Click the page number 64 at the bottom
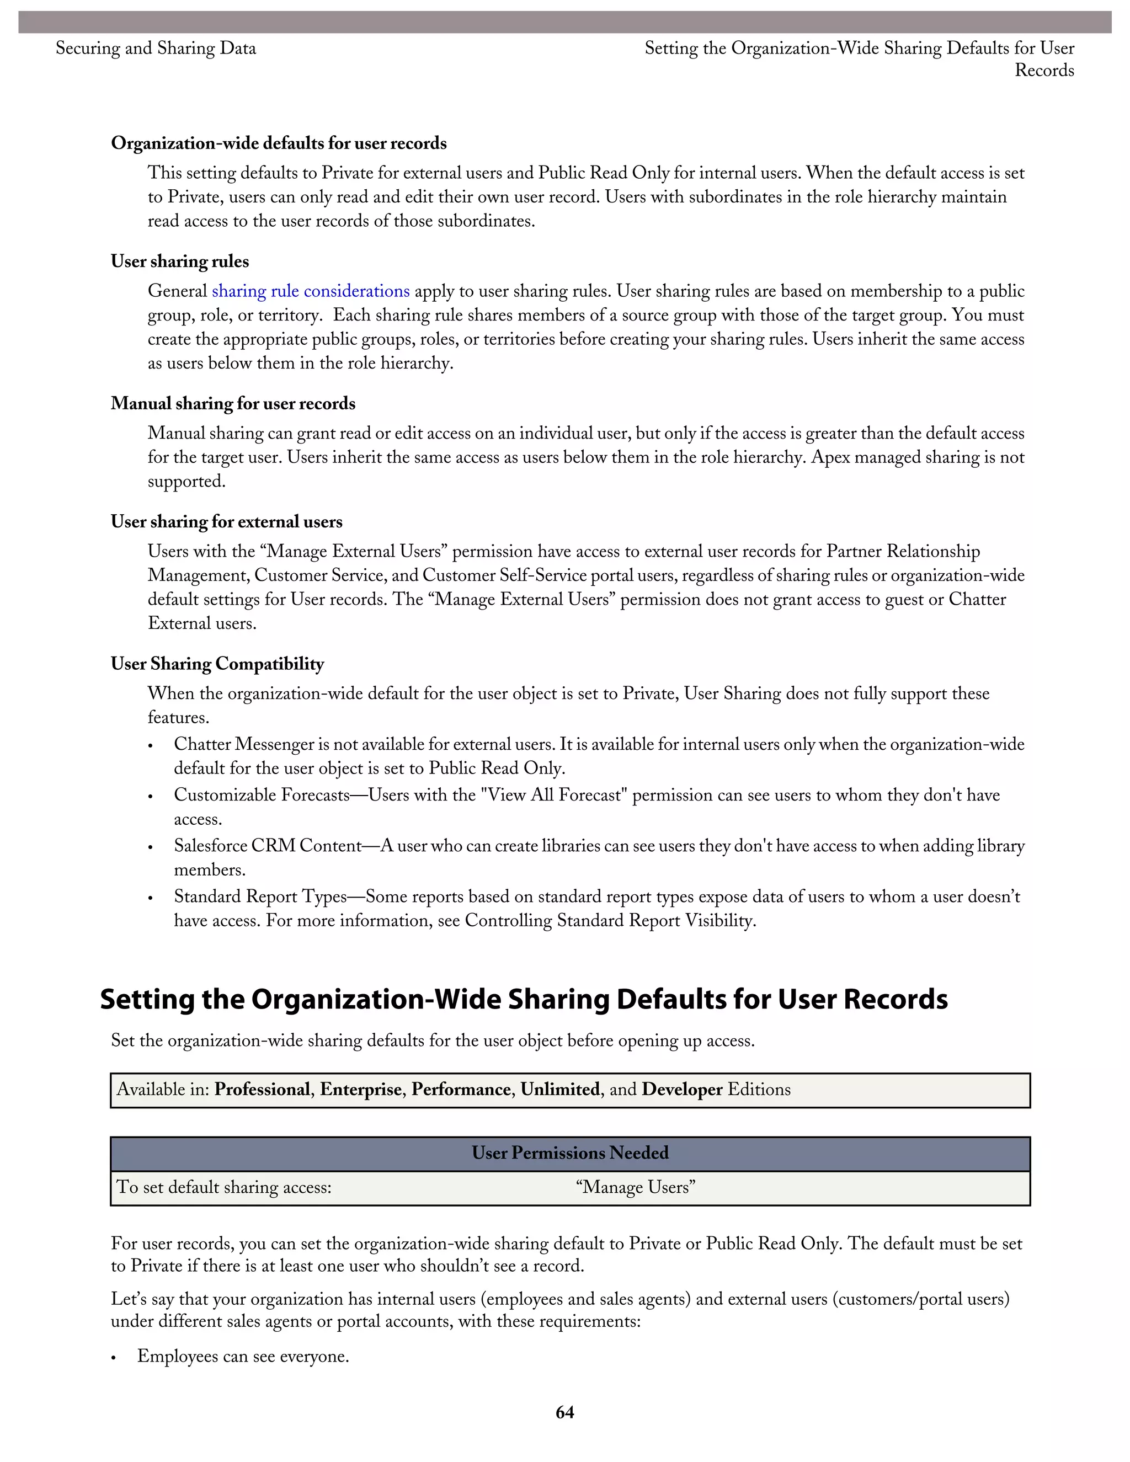(564, 1412)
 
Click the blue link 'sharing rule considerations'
(311, 291)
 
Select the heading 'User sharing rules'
(179, 262)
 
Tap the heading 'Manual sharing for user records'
(233, 404)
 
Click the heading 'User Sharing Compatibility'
(217, 664)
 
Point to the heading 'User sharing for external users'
(226, 522)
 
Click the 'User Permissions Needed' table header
(569, 1152)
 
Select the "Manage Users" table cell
(635, 1187)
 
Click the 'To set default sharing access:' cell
(224, 1187)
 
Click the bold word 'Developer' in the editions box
(681, 1090)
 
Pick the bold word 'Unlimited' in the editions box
(559, 1090)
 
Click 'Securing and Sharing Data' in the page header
(155, 48)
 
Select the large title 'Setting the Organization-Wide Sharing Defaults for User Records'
(524, 1000)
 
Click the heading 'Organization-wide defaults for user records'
(279, 143)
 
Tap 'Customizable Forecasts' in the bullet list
(262, 795)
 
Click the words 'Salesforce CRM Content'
(268, 846)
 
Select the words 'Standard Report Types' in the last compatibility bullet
(260, 897)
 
